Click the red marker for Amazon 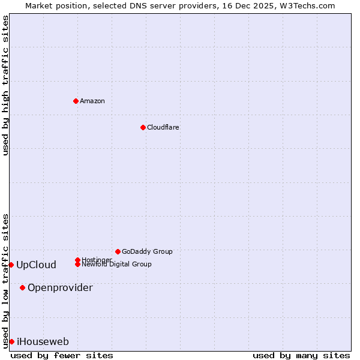pyautogui.click(x=76, y=101)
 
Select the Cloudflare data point pyautogui.click(x=143, y=127)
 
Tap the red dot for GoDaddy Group pyautogui.click(x=118, y=251)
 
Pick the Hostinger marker pyautogui.click(x=77, y=260)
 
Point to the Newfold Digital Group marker pyautogui.click(x=77, y=264)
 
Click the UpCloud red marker pyautogui.click(x=11, y=265)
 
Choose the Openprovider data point pyautogui.click(x=22, y=287)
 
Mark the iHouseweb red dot pyautogui.click(x=11, y=341)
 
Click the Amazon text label pyautogui.click(x=92, y=101)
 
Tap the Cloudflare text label pyautogui.click(x=163, y=127)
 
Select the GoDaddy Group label pyautogui.click(x=147, y=251)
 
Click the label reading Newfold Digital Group pyautogui.click(x=117, y=265)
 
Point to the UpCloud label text pyautogui.click(x=36, y=265)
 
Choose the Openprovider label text pyautogui.click(x=60, y=287)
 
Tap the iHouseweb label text pyautogui.click(x=43, y=341)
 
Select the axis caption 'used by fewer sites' pyautogui.click(x=62, y=355)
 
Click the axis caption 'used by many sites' pyautogui.click(x=301, y=355)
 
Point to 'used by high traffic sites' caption pyautogui.click(x=5, y=85)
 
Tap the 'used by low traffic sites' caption pyautogui.click(x=5, y=280)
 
